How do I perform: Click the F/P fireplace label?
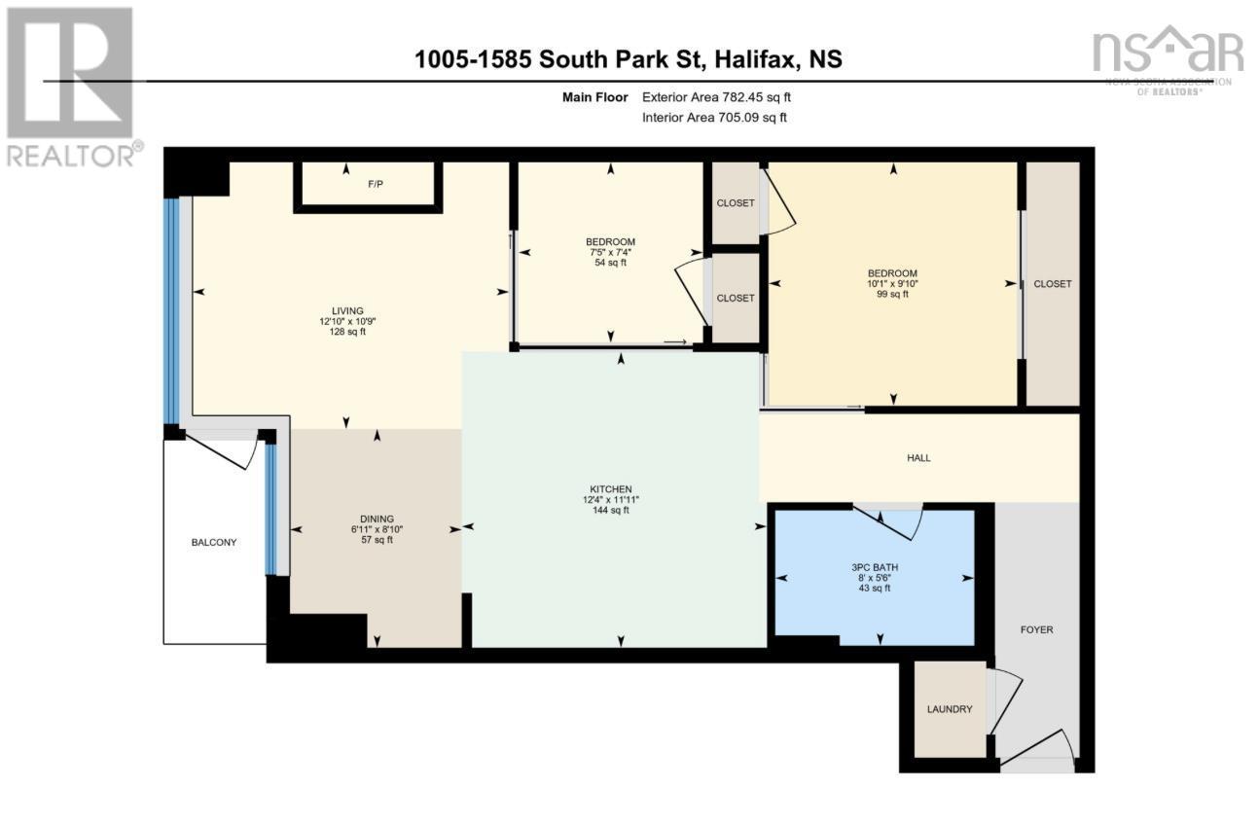tap(375, 184)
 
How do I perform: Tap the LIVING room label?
tap(347, 310)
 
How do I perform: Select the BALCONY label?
tap(213, 542)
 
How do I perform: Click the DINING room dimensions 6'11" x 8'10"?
tap(376, 529)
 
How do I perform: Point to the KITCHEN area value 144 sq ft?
tap(612, 510)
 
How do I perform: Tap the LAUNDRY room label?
tap(949, 709)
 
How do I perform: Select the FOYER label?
tap(1037, 629)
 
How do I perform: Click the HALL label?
tap(918, 457)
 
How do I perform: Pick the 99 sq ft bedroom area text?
tap(891, 295)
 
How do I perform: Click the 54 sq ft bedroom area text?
tap(610, 263)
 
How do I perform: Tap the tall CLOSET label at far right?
tap(1052, 284)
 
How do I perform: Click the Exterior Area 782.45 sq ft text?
tap(723, 97)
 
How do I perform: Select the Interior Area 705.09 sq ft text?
tap(714, 118)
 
